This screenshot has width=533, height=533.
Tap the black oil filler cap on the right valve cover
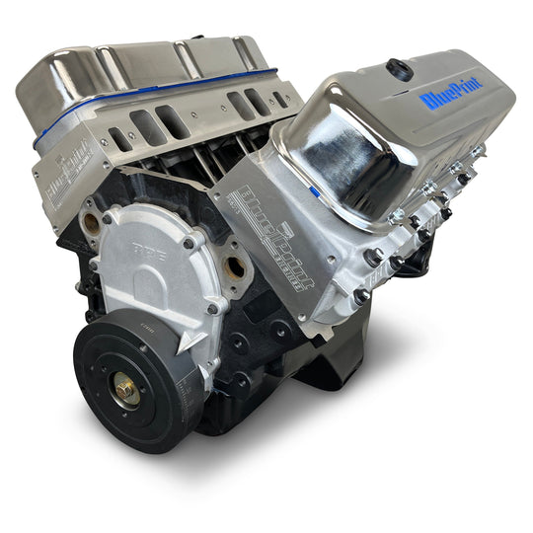click(x=399, y=69)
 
